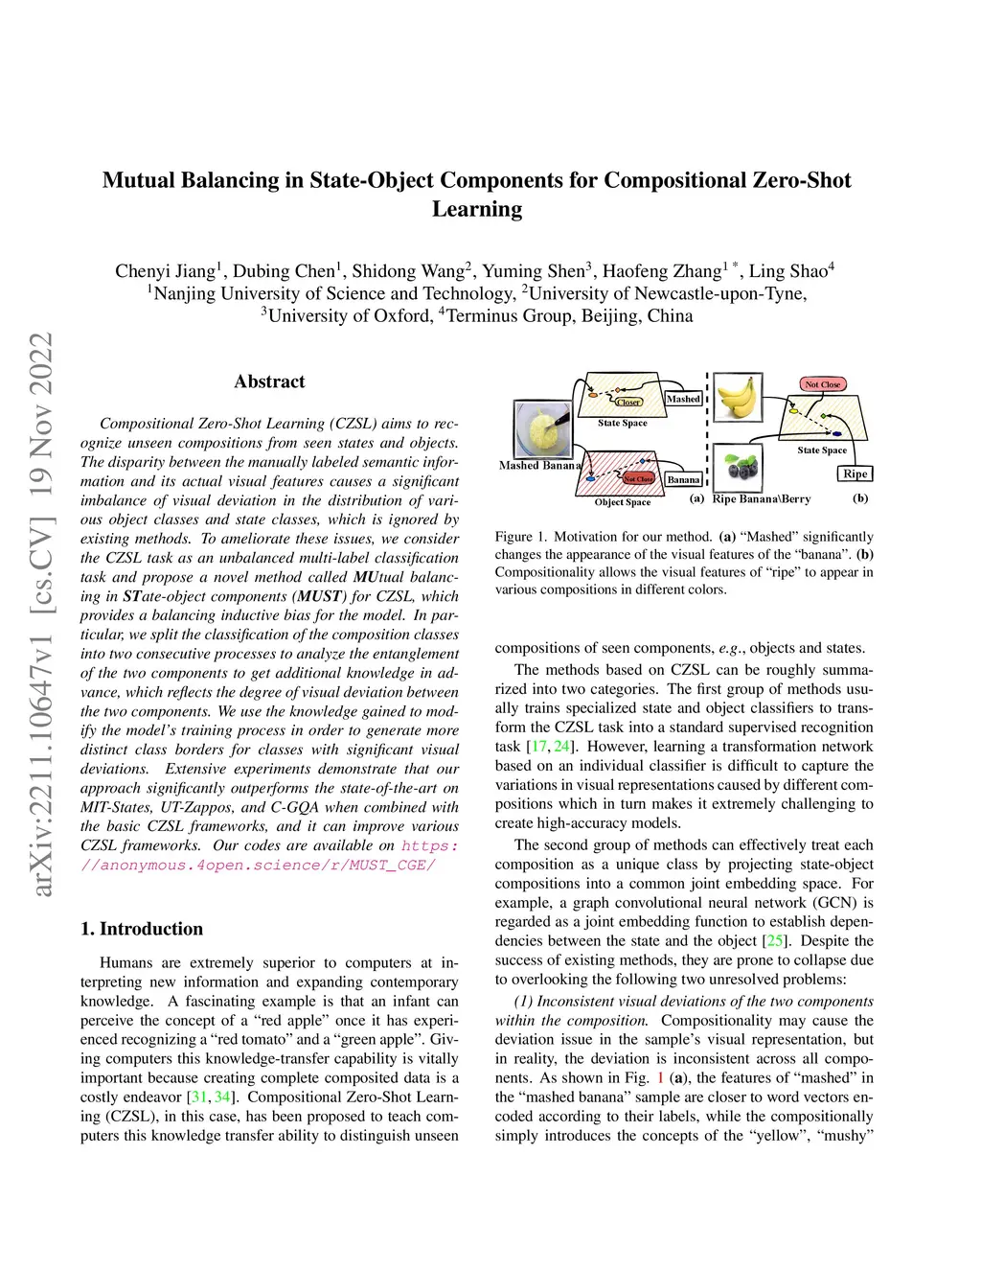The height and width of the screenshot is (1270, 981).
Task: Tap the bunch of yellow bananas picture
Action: pyautogui.click(x=738, y=397)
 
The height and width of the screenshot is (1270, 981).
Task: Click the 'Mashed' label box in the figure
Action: pyautogui.click(x=683, y=399)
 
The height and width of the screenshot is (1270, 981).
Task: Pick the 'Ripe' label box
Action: pyautogui.click(x=856, y=473)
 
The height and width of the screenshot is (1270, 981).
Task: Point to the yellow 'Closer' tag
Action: pyautogui.click(x=628, y=403)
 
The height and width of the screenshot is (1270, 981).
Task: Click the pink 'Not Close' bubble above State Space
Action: pyautogui.click(x=822, y=384)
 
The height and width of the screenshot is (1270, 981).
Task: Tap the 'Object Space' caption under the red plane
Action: pyautogui.click(x=623, y=502)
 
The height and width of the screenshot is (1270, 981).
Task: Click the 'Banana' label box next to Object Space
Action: pyautogui.click(x=683, y=479)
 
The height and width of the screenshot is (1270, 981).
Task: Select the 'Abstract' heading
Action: pyautogui.click(x=269, y=381)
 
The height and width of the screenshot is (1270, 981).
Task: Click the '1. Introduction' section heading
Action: pyautogui.click(x=142, y=929)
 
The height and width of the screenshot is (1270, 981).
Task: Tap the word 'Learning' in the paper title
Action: pyautogui.click(x=477, y=209)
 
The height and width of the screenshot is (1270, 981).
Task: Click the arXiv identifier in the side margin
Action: pyautogui.click(x=42, y=613)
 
